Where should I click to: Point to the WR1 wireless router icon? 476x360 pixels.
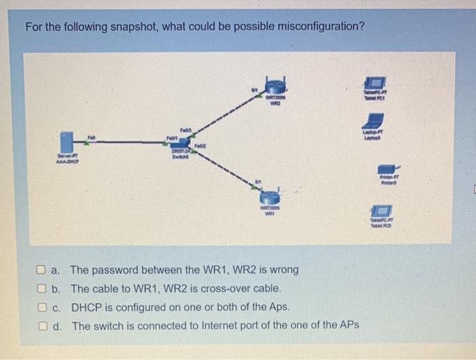pyautogui.click(x=270, y=195)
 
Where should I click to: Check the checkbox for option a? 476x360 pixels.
pyautogui.click(x=42, y=269)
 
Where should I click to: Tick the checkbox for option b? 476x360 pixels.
pyautogui.click(x=42, y=288)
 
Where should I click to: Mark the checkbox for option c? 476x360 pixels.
pyautogui.click(x=42, y=306)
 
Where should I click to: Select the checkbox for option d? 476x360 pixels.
pyautogui.click(x=42, y=325)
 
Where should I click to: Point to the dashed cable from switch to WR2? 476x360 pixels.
pyautogui.click(x=224, y=115)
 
